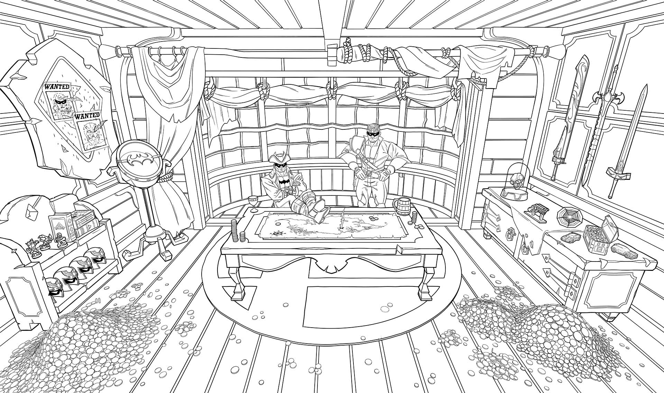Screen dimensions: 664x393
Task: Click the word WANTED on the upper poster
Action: click(57, 86)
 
